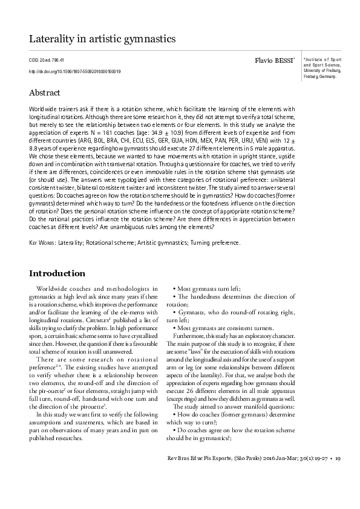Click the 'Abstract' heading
(45, 93)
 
